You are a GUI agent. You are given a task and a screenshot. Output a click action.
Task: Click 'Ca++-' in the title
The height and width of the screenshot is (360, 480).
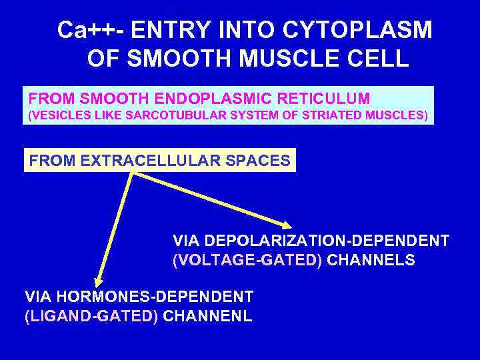[91, 31]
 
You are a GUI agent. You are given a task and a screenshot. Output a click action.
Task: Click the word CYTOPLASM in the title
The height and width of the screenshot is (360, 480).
[358, 31]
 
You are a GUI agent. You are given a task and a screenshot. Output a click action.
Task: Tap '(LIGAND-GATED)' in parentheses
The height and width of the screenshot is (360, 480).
[91, 316]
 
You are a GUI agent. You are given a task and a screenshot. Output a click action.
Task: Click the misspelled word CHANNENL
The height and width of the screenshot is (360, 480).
[207, 316]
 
